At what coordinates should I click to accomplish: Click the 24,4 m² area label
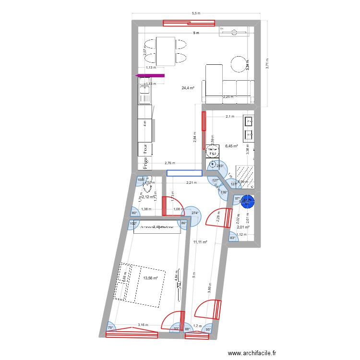[x=188, y=88]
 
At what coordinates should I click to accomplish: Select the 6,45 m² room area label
[x=232, y=146]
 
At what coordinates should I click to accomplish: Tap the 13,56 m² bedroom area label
[x=150, y=277]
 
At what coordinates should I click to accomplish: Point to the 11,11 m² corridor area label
[x=200, y=243]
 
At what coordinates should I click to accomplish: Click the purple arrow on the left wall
[x=150, y=75]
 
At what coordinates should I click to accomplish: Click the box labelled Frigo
[x=144, y=164]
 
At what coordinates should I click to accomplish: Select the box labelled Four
[x=144, y=149]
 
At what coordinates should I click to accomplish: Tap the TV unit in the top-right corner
[x=234, y=32]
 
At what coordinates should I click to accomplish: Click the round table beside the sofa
[x=239, y=64]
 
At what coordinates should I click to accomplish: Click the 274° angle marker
[x=195, y=213]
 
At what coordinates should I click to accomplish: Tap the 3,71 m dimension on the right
[x=267, y=62]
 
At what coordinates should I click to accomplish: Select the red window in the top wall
[x=188, y=22]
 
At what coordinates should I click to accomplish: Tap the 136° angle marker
[x=224, y=192]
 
